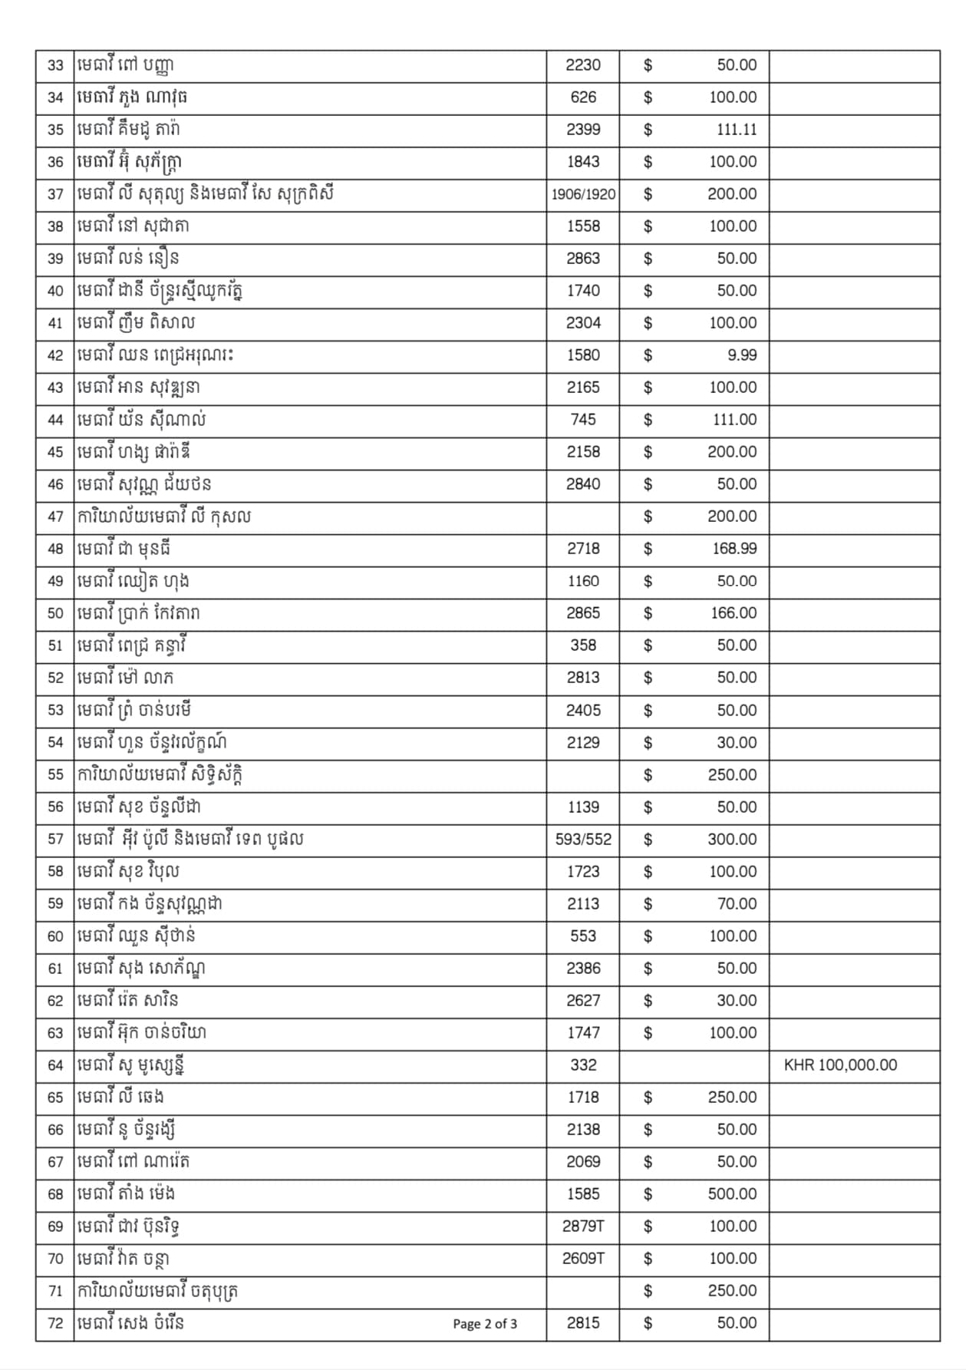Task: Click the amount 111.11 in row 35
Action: [736, 130]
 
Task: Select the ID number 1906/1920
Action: [583, 194]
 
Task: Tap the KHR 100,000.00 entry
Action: [840, 1065]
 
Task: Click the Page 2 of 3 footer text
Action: [485, 1323]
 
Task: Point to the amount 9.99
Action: [742, 355]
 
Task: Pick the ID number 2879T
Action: [583, 1226]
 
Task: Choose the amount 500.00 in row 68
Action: [732, 1194]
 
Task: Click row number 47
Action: [55, 517]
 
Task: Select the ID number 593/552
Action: [583, 840]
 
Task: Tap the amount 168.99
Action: [734, 549]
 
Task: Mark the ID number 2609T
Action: [583, 1259]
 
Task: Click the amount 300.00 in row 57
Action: [732, 840]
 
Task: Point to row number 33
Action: [55, 65]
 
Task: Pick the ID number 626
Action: [583, 97]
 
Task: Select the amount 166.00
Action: [734, 613]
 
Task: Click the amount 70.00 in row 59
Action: [737, 904]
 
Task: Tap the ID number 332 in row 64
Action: [583, 1065]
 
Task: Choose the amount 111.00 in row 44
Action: [734, 420]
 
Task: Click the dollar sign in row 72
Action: [648, 1323]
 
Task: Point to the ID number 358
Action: [583, 645]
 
